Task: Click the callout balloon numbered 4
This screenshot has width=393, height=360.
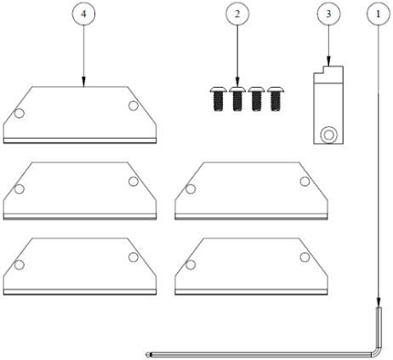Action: tap(83, 14)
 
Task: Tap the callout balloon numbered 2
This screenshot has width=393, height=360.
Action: tap(237, 14)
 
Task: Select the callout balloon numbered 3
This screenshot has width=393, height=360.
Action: tap(328, 14)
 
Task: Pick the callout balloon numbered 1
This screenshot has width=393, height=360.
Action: tap(378, 14)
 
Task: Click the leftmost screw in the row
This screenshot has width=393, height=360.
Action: tap(219, 99)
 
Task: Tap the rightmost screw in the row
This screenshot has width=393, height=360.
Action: tap(276, 99)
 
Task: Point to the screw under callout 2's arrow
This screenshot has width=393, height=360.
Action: tap(237, 99)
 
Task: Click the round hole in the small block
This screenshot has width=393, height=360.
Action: tap(328, 134)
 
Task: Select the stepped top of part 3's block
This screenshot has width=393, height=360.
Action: tap(328, 74)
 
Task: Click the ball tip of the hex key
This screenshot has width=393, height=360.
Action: tap(148, 355)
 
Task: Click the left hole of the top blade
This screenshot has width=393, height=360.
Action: tap(19, 113)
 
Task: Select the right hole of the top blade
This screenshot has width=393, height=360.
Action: tap(134, 106)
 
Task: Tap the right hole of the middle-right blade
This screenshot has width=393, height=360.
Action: tap(305, 181)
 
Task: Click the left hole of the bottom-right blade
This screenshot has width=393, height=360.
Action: tap(191, 265)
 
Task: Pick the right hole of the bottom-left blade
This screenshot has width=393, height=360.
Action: tap(134, 257)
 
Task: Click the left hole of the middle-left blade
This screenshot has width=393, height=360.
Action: tap(19, 189)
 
